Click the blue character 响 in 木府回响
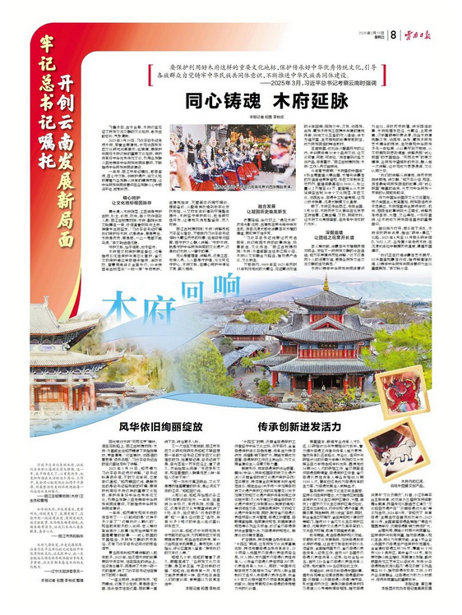click(x=215, y=287)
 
